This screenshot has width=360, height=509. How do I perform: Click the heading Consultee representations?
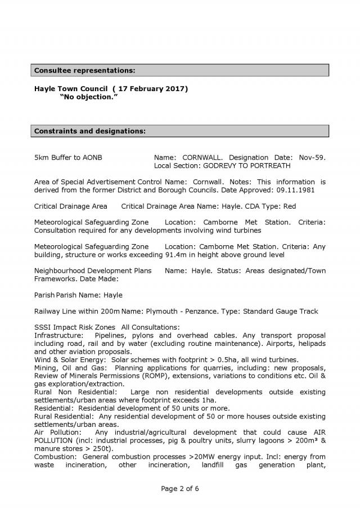click(x=85, y=70)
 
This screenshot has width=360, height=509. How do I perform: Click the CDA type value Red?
click(x=290, y=206)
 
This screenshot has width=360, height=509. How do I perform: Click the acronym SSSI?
click(x=42, y=327)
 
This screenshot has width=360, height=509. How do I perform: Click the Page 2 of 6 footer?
click(x=180, y=488)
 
